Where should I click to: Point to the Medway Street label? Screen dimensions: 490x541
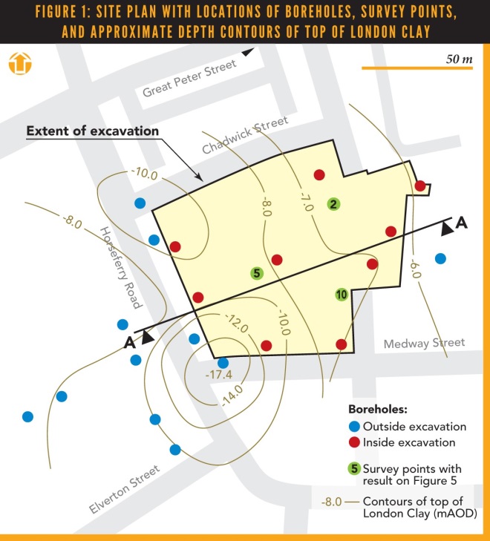pos(424,343)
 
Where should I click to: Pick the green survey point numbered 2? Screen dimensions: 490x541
pos(334,204)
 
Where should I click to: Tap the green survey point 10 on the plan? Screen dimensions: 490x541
pos(341,294)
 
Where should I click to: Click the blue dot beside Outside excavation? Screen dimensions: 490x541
pos(354,426)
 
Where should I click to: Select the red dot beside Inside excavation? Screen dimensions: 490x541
pos(354,443)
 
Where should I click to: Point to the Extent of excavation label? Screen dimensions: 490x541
pos(92,131)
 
